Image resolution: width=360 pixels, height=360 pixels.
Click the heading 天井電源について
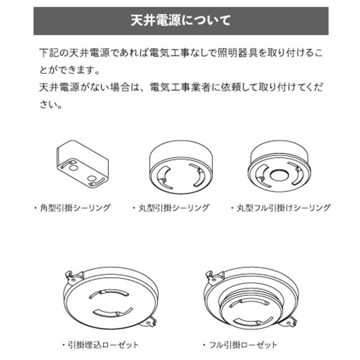(181, 21)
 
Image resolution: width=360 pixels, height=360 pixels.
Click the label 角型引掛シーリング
(75, 208)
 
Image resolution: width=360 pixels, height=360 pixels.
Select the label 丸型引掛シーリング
(174, 208)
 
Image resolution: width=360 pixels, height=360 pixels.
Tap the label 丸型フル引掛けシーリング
(283, 208)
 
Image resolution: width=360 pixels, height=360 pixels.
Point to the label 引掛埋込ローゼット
(103, 345)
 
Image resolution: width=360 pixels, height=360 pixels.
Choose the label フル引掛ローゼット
(244, 345)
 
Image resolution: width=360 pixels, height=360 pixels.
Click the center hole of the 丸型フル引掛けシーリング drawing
(279, 175)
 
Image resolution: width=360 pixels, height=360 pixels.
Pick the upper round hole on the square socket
(73, 168)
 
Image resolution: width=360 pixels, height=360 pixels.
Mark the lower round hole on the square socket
(92, 179)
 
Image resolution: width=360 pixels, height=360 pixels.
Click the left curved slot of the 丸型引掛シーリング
(163, 177)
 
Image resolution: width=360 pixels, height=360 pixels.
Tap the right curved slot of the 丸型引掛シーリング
(197, 174)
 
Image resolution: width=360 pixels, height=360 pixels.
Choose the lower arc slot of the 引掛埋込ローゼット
(113, 313)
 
